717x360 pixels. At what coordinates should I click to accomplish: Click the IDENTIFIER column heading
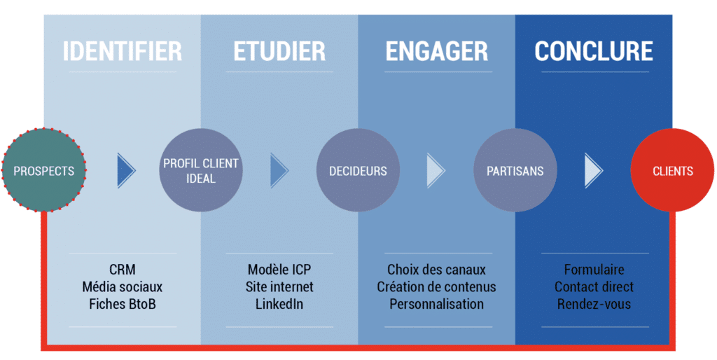122,51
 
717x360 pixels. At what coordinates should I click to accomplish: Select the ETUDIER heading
279,51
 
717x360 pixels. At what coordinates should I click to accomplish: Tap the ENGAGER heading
437,51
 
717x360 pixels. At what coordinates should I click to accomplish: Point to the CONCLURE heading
594,51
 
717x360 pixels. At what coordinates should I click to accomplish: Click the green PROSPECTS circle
44,170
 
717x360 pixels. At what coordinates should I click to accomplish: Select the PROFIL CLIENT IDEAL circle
201,170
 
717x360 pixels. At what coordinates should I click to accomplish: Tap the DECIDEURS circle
358,170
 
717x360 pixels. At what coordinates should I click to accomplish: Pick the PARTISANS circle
515,170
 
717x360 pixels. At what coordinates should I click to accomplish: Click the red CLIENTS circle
672,170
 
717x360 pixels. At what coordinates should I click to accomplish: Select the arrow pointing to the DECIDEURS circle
278,171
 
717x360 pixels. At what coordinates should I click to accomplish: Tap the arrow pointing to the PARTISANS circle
435,171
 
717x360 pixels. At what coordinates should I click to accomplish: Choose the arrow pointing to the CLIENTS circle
592,171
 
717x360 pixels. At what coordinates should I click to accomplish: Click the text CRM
122,270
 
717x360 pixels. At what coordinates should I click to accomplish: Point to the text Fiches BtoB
122,304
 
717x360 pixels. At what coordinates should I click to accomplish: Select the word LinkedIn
279,304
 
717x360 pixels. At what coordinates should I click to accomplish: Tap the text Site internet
279,287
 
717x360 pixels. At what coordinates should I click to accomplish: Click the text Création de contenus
437,287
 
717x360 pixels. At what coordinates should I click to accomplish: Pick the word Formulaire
594,270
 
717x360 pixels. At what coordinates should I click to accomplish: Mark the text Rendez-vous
594,304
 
